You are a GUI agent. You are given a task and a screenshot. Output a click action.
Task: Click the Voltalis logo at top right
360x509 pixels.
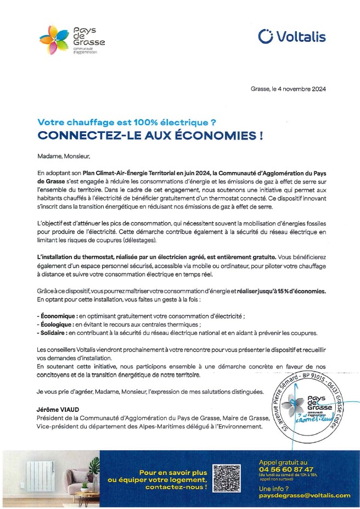(x=291, y=36)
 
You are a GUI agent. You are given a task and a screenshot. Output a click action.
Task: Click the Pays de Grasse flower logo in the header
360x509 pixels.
(x=54, y=39)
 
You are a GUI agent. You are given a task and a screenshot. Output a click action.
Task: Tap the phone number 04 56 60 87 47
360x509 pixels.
(x=286, y=469)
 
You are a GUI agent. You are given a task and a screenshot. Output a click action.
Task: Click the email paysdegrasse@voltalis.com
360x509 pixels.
(x=304, y=495)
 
